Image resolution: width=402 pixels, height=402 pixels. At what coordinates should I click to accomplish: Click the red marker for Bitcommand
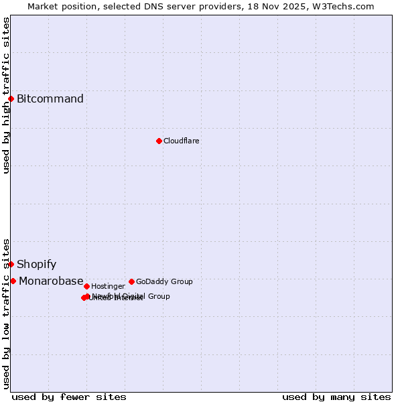(11, 99)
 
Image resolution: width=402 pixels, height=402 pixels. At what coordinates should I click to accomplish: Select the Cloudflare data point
(159, 141)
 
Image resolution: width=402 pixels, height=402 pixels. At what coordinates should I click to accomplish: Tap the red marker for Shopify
(11, 264)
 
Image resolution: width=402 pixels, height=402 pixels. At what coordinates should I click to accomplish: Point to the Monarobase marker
(13, 281)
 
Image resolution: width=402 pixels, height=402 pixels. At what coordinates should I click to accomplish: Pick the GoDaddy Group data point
(131, 281)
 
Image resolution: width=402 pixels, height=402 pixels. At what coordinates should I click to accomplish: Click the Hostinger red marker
(86, 286)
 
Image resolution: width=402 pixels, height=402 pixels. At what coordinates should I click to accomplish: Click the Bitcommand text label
(50, 99)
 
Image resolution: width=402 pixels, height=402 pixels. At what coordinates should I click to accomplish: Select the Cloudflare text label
(182, 141)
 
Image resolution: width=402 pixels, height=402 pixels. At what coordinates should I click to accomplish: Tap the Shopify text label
(37, 264)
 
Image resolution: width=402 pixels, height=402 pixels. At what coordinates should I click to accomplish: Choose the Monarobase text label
(51, 281)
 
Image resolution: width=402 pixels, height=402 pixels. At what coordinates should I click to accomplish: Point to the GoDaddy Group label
(164, 281)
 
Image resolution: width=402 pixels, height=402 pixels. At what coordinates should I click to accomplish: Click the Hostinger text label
(108, 286)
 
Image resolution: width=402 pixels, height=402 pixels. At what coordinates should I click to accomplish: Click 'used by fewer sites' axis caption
(69, 397)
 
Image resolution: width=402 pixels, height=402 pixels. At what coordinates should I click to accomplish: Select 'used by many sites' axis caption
(336, 397)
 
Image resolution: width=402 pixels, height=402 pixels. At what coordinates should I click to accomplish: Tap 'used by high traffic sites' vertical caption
(6, 95)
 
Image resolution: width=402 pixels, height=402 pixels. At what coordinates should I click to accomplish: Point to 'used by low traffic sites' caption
(6, 314)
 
